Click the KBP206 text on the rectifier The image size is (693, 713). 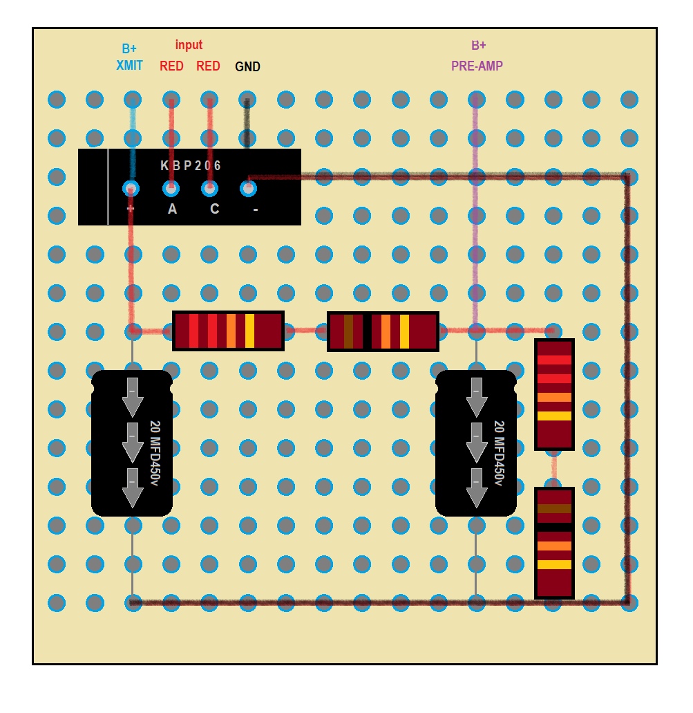click(x=191, y=166)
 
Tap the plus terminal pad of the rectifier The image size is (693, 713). click(x=131, y=187)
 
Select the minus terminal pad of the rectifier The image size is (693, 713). click(x=248, y=187)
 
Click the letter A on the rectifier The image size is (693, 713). click(x=172, y=209)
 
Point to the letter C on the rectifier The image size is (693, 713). click(x=215, y=209)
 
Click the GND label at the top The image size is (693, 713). click(x=247, y=67)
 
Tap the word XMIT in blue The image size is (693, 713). click(x=129, y=66)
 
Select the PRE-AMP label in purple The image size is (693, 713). click(x=477, y=66)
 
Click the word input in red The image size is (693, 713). click(x=189, y=45)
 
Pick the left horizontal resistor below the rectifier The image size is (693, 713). click(x=228, y=331)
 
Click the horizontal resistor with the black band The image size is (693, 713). click(x=383, y=331)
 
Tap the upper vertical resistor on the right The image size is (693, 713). click(x=554, y=394)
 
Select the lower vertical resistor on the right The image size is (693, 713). click(x=554, y=543)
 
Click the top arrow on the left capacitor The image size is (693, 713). click(x=132, y=396)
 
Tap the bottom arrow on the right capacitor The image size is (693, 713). click(x=476, y=487)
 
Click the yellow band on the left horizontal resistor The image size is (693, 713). click(x=249, y=331)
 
